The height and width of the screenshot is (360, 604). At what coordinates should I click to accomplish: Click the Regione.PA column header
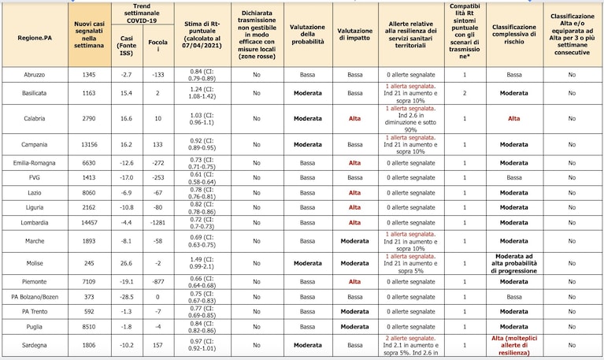(35, 38)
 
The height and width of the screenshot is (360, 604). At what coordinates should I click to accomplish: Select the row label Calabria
(35, 119)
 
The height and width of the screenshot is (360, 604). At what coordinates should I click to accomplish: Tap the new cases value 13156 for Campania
(89, 144)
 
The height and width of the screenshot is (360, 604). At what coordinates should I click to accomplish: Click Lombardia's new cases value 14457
(89, 223)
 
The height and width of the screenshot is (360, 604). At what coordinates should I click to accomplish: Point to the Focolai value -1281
(158, 223)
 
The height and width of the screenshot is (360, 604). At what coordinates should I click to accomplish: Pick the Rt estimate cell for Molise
(202, 263)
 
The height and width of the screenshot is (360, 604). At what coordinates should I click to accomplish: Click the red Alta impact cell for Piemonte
(355, 282)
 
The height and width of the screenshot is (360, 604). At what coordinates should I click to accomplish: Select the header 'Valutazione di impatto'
(355, 35)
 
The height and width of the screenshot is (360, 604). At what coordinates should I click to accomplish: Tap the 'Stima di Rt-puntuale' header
(202, 35)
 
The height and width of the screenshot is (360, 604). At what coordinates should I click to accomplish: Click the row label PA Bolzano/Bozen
(35, 297)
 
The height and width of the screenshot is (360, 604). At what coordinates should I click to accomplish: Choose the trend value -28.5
(126, 297)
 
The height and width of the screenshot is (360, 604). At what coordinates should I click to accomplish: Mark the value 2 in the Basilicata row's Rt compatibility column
(465, 93)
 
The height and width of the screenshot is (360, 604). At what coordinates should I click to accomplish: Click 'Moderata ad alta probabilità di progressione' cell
(514, 263)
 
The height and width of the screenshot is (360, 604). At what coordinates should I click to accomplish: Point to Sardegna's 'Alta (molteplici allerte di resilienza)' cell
(514, 345)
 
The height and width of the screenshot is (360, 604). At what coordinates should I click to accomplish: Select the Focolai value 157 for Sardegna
(158, 345)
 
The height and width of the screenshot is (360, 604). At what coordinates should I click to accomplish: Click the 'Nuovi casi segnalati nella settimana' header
(89, 35)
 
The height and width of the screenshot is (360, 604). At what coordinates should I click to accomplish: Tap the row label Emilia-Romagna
(35, 163)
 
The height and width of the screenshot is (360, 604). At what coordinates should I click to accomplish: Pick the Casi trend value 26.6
(126, 263)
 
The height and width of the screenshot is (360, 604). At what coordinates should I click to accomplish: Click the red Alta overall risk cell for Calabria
(514, 119)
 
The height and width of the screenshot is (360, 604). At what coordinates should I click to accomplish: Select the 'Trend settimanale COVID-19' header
(142, 13)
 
